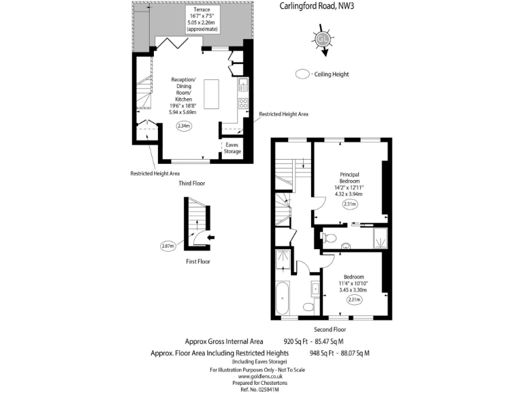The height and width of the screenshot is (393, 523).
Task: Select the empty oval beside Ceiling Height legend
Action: (x=303, y=74)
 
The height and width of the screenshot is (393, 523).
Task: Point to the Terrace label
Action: (x=202, y=10)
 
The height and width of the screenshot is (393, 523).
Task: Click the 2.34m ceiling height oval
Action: (x=184, y=126)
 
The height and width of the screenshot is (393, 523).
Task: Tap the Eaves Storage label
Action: (x=233, y=148)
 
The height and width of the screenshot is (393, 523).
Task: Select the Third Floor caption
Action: (x=191, y=183)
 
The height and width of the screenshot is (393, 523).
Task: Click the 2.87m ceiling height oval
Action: (x=168, y=246)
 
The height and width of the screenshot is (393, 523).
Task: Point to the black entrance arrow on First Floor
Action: (x=210, y=237)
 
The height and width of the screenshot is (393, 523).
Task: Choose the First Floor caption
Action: (x=197, y=261)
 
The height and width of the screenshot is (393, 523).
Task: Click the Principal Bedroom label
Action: (x=351, y=177)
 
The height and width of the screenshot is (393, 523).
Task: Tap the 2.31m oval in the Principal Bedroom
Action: (x=351, y=204)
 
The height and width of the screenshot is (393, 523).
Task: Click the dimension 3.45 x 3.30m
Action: (x=353, y=290)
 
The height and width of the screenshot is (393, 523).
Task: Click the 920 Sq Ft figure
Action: (x=296, y=341)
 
